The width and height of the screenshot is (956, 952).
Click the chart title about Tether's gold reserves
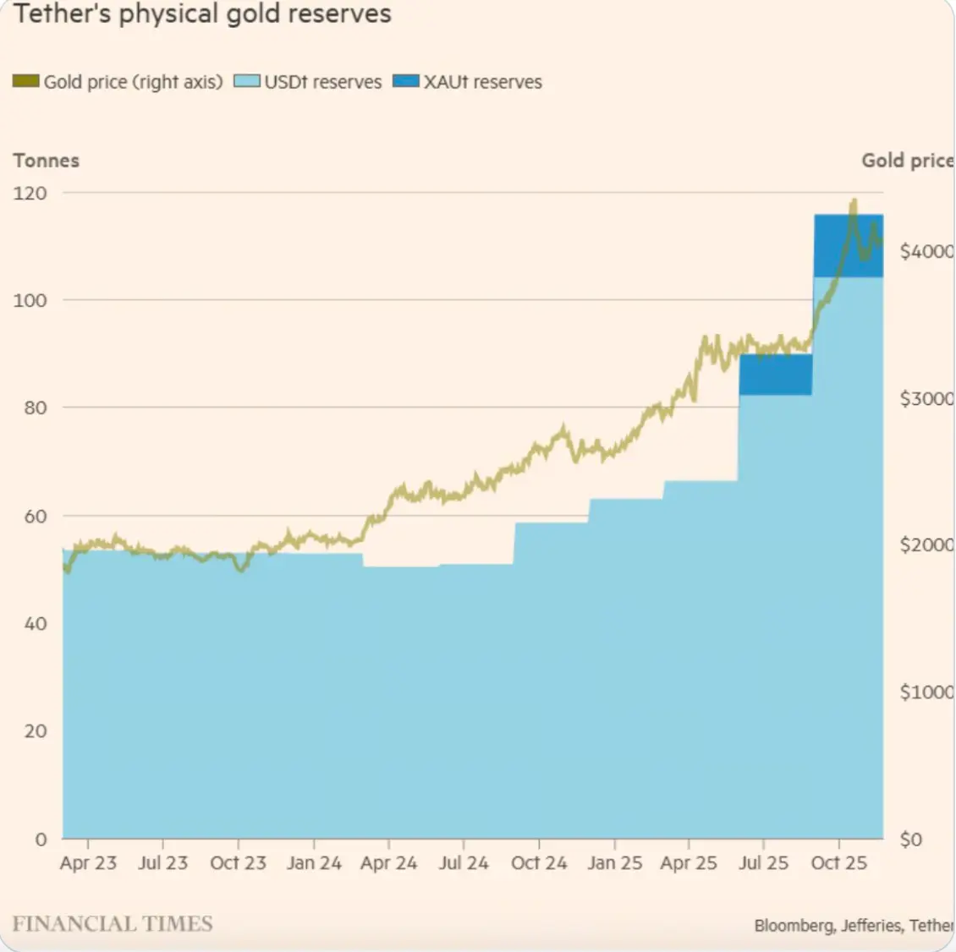[203, 14]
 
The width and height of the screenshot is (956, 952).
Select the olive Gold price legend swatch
[26, 82]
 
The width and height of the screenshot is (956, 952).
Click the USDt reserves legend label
[322, 82]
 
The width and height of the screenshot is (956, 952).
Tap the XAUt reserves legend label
[482, 82]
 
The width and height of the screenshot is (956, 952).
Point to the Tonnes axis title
[47, 161]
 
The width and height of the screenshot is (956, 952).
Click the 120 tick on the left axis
[30, 193]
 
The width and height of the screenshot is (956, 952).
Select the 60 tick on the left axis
[35, 516]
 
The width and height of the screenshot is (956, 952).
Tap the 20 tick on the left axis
[35, 731]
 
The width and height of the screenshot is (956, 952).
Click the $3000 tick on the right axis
[926, 398]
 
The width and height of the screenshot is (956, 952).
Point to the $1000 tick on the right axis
[926, 692]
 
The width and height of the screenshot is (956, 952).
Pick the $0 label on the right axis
[910, 840]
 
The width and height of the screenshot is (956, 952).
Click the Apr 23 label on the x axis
[88, 863]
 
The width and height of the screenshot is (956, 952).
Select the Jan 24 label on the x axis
[314, 863]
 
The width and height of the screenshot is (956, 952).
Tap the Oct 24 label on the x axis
[539, 863]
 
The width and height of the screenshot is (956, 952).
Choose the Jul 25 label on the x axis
[763, 863]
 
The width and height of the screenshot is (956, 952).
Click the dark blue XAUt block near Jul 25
[775, 375]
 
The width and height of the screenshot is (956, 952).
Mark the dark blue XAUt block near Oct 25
[848, 246]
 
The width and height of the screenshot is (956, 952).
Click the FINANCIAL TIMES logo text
[113, 923]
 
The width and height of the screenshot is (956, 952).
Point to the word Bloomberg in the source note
[794, 926]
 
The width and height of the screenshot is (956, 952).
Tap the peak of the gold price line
[854, 201]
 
